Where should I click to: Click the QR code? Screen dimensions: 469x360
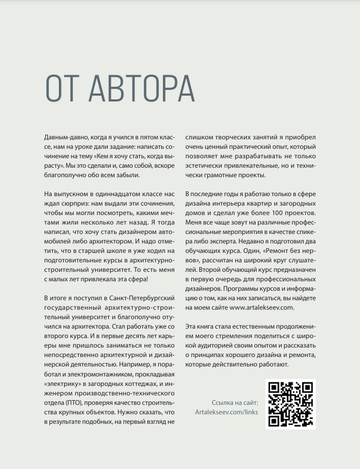[290, 404]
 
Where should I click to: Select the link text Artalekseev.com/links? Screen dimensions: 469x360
[227, 412]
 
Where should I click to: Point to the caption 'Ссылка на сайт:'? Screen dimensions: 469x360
[234, 402]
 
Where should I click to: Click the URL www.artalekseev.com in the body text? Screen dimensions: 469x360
[262, 308]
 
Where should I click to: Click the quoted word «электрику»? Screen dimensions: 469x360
[61, 383]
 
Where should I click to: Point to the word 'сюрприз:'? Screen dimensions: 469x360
[76, 203]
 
